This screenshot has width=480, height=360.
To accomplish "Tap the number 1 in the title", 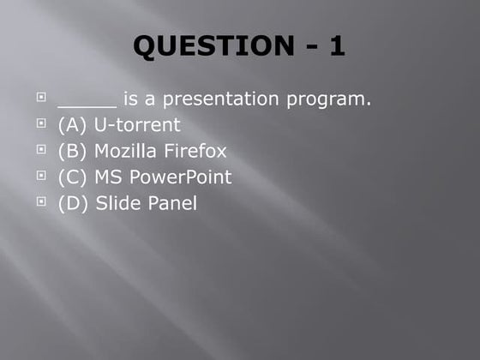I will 337,46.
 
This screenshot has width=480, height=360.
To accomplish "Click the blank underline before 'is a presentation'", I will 87,103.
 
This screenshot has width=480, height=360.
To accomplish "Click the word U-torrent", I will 137,125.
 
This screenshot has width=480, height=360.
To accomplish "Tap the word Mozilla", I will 125,152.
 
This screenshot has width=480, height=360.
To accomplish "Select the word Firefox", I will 195,152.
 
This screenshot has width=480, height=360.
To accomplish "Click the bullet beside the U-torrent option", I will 41,123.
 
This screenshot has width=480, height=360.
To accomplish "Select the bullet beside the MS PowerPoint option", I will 41,176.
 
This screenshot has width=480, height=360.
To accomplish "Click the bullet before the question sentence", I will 41,98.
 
